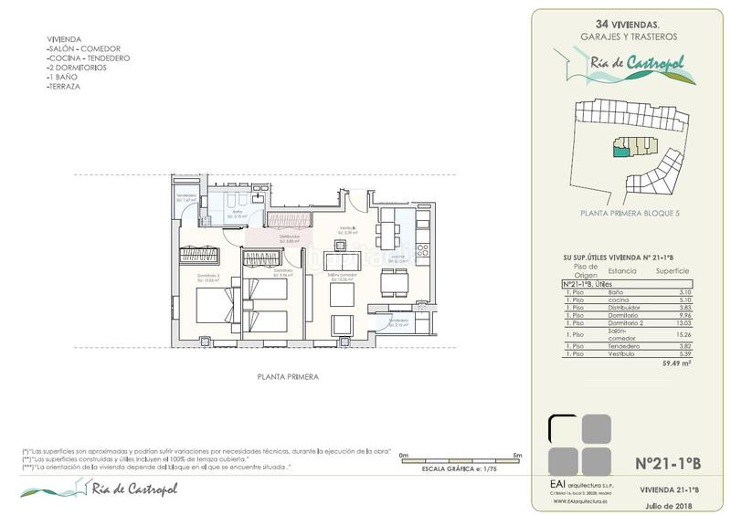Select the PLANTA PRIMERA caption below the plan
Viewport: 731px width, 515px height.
[286, 375]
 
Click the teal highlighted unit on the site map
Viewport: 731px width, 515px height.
[621, 152]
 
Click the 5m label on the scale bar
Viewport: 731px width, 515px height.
[517, 454]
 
